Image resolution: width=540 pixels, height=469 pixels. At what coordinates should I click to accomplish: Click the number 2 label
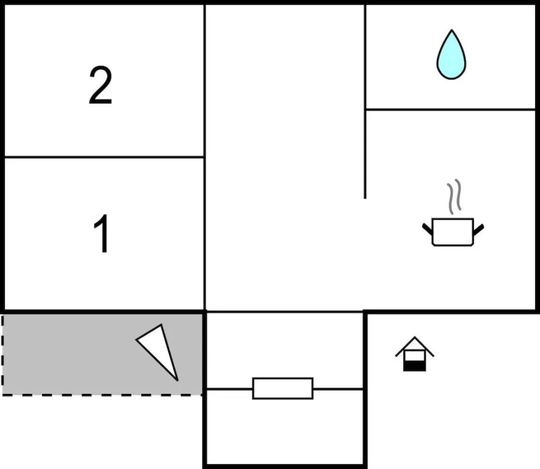pyautogui.click(x=101, y=85)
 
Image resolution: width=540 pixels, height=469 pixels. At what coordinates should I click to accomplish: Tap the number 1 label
pyautogui.click(x=102, y=233)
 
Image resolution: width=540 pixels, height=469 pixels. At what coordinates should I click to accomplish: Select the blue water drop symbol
pyautogui.click(x=451, y=56)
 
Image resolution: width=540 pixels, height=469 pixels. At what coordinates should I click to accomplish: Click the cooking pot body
pyautogui.click(x=452, y=233)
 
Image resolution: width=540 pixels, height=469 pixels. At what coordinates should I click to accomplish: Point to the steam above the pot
pyautogui.click(x=453, y=197)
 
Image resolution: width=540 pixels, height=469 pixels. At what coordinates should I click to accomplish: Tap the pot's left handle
pyautogui.click(x=427, y=229)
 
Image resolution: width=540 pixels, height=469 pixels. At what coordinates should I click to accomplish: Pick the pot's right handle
pyautogui.click(x=478, y=229)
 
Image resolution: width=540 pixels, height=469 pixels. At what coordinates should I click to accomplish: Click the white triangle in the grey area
pyautogui.click(x=160, y=348)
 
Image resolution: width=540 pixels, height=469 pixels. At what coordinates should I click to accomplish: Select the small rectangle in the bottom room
pyautogui.click(x=283, y=388)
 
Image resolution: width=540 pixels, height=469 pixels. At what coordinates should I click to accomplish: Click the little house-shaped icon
pyautogui.click(x=414, y=354)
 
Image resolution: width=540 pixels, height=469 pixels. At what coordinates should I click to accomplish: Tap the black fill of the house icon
pyautogui.click(x=414, y=365)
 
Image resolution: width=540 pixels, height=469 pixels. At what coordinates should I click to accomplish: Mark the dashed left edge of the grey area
pyautogui.click(x=2, y=354)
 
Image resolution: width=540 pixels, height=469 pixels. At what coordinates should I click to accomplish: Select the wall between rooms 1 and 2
pyautogui.click(x=104, y=157)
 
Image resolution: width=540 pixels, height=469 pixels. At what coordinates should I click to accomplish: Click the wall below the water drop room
pyautogui.click(x=450, y=110)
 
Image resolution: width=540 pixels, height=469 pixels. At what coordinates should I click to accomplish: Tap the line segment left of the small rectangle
pyautogui.click(x=229, y=388)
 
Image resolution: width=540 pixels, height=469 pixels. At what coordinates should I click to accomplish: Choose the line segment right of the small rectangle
pyautogui.click(x=338, y=388)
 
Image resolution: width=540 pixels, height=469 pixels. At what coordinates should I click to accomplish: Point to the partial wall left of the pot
pyautogui.click(x=365, y=153)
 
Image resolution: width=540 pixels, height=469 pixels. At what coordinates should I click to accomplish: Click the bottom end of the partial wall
pyautogui.click(x=365, y=196)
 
